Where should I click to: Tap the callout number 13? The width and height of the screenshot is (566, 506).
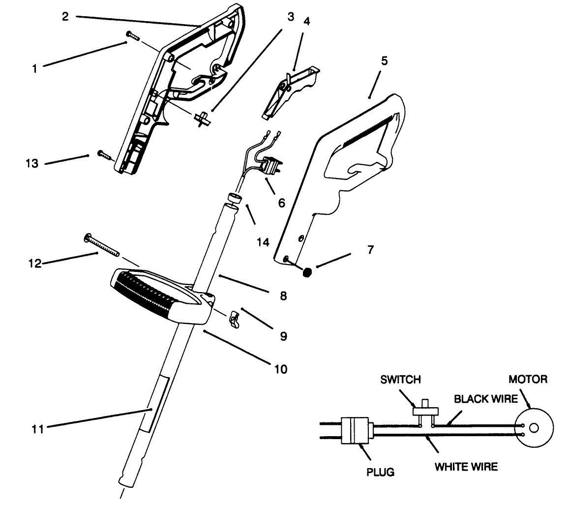click(32, 164)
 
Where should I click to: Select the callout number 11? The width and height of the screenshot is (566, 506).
click(38, 429)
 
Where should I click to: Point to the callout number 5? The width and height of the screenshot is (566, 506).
click(384, 61)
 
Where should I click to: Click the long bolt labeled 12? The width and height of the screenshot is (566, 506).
click(102, 244)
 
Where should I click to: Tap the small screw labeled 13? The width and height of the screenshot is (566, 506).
click(106, 155)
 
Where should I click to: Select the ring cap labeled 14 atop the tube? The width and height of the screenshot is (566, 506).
click(233, 200)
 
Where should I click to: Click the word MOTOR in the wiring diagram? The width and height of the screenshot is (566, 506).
click(527, 380)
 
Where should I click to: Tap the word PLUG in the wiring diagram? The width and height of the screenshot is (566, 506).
click(380, 472)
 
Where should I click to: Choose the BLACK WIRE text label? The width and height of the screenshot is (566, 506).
click(485, 399)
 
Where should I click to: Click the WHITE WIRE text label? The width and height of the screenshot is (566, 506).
click(466, 466)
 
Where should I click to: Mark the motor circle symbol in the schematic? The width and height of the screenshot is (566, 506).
click(534, 427)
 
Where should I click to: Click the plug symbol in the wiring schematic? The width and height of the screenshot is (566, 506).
click(355, 431)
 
